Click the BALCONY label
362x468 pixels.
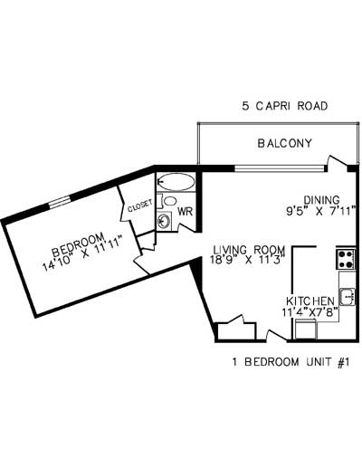tap(284, 143)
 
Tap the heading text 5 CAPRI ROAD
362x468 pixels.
tap(284, 106)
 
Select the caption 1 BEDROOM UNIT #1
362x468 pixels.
tap(291, 362)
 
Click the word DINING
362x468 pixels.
tap(321, 201)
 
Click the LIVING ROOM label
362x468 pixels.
tap(250, 250)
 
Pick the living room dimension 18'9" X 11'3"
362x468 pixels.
tap(249, 261)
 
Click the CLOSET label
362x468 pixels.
tap(139, 206)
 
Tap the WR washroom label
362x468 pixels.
tap(184, 213)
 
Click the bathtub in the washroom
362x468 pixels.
tap(176, 181)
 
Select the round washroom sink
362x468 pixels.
tap(165, 220)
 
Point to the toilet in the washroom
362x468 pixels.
tap(170, 201)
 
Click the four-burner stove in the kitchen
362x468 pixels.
tap(346, 259)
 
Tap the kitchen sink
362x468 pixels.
tap(348, 295)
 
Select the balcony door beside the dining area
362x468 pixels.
tap(339, 165)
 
